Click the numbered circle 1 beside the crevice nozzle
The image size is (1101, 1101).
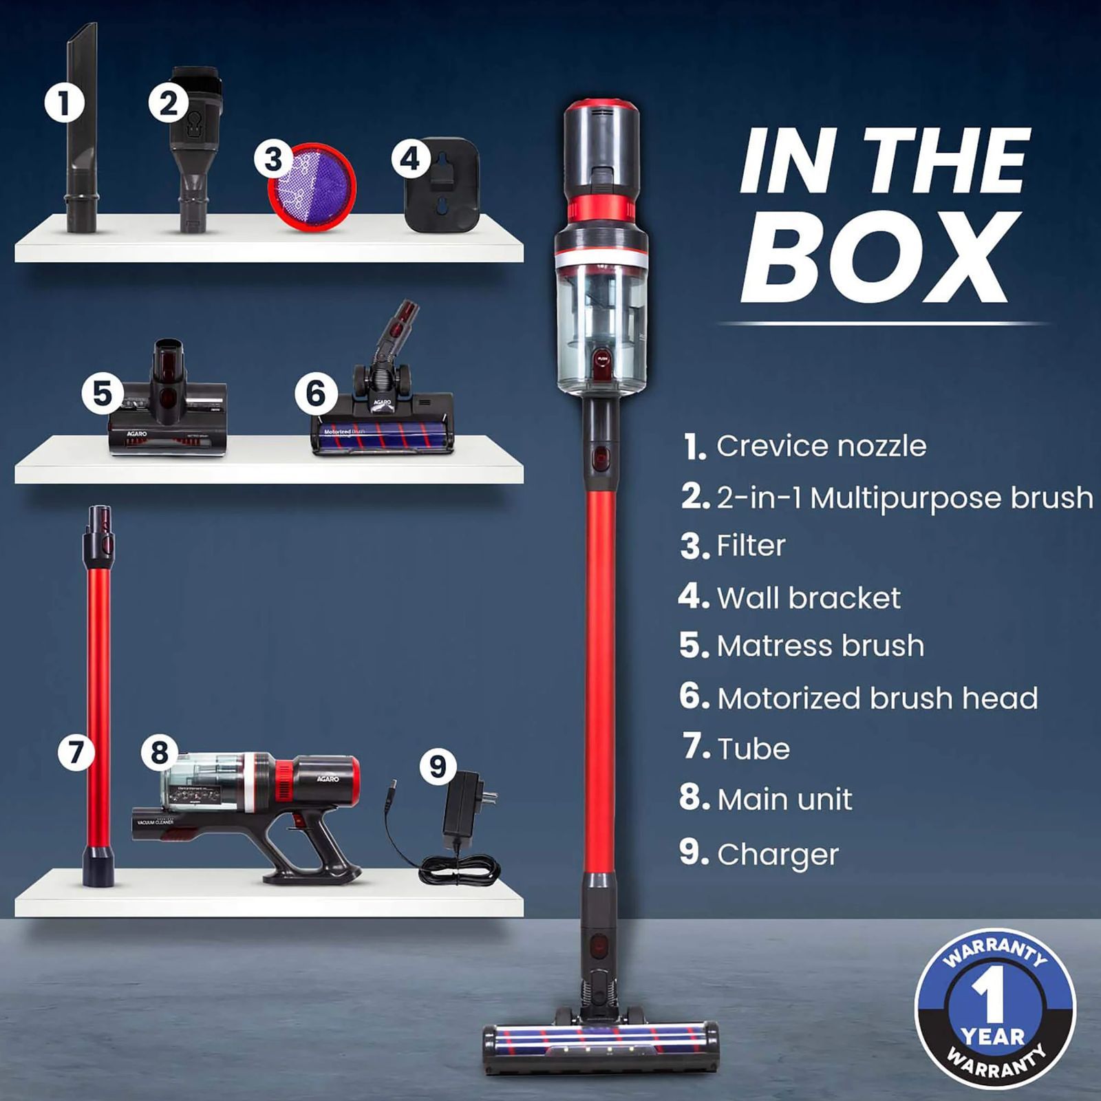coord(64,103)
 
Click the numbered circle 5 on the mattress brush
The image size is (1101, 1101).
coord(102,394)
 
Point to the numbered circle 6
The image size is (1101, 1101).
coord(315,393)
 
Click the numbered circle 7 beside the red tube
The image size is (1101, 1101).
coord(76,751)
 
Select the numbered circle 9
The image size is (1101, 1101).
coord(438,766)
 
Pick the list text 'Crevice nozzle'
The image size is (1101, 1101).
coord(821,446)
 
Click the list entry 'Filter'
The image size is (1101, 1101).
coord(751,546)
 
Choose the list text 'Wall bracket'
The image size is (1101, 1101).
coord(809,598)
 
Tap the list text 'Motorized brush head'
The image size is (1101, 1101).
coord(877,698)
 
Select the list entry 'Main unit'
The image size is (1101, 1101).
coord(784,800)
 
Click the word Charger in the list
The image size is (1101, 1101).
coord(778,855)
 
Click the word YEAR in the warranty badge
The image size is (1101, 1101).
coord(993,1035)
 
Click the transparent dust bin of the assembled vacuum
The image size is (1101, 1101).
coord(601,323)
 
